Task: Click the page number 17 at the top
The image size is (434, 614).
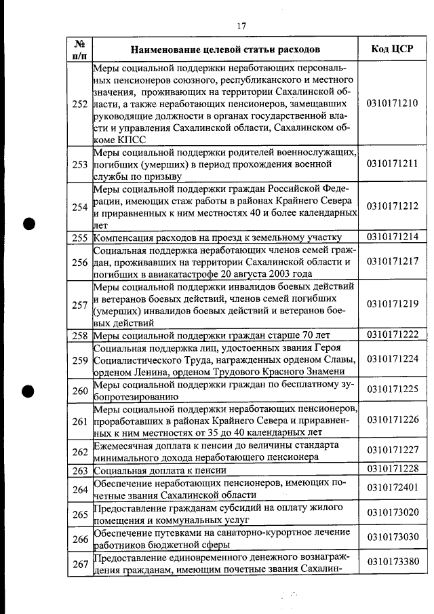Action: (241, 26)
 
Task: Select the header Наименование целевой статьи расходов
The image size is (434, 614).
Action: (225, 50)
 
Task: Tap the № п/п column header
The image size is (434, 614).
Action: (79, 50)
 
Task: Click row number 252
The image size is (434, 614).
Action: (79, 104)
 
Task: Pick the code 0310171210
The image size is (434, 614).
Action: (392, 104)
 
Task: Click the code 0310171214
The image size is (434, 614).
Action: (392, 237)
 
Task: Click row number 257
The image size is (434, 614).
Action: (79, 305)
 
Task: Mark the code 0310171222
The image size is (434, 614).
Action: (392, 334)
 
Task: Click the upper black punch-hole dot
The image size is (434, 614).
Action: (28, 225)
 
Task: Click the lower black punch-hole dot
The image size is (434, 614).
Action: (28, 391)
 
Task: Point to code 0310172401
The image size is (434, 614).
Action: (392, 488)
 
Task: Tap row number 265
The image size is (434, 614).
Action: (79, 514)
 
